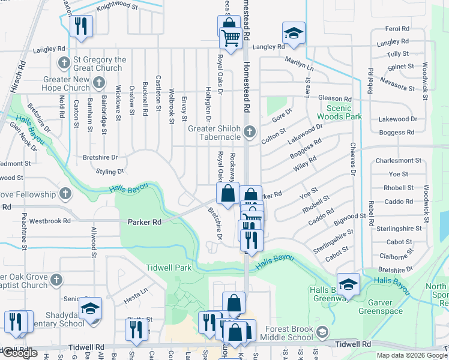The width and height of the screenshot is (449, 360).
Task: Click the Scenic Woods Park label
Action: coord(339,111)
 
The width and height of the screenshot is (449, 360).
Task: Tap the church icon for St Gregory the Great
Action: coord(64,63)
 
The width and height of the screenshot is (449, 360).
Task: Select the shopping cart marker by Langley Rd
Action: coord(231,38)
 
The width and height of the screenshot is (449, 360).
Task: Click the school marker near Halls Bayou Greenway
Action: coord(348,284)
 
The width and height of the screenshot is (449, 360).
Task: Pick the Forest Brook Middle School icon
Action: coord(322,332)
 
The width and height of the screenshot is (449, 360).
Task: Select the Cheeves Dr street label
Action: coord(354,160)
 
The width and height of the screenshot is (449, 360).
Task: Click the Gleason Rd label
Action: coord(335,98)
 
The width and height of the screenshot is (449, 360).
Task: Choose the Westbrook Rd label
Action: coord(53,221)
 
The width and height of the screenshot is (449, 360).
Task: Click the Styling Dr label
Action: coord(110,171)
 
